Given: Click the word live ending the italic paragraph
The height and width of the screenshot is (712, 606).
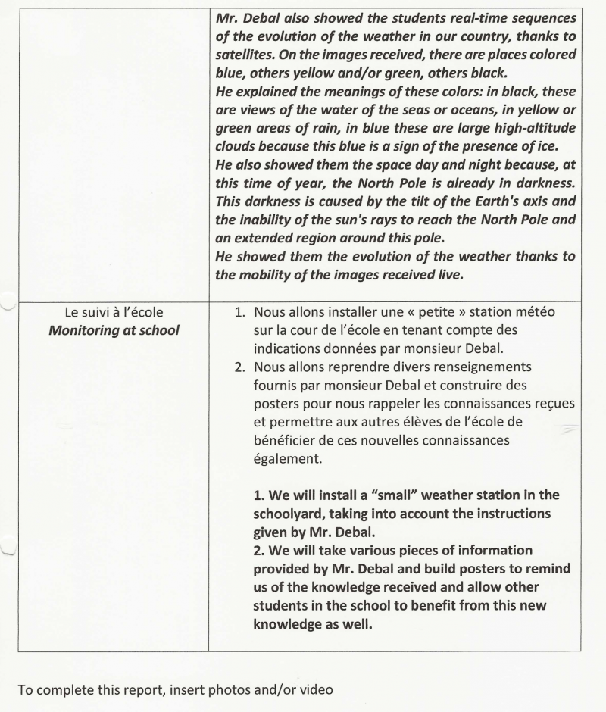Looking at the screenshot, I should [445, 274].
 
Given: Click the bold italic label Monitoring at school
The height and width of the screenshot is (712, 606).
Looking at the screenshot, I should [114, 330].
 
